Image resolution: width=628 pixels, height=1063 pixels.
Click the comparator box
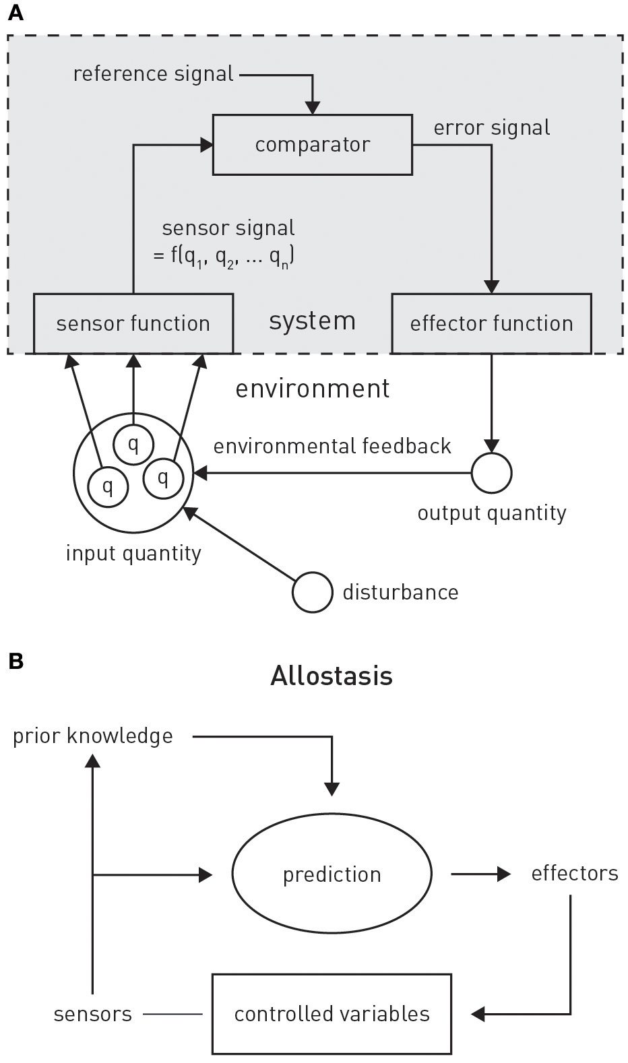(312, 145)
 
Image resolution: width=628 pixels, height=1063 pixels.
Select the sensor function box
(133, 323)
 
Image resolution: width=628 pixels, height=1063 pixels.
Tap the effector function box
(491, 323)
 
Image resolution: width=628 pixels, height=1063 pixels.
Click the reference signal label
(153, 73)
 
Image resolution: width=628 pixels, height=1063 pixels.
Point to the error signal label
(491, 127)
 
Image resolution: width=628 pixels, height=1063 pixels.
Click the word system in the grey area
(312, 321)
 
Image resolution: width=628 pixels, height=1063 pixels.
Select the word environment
(312, 389)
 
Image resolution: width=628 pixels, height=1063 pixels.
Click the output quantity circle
(491, 473)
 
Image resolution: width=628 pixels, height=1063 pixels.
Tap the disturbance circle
(312, 592)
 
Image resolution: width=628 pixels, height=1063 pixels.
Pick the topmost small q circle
(133, 445)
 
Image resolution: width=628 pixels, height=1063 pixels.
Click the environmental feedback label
(332, 446)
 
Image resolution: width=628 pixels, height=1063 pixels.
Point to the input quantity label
(133, 553)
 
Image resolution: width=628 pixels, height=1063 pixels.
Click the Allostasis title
(331, 676)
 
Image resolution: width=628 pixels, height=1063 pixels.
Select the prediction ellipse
(332, 874)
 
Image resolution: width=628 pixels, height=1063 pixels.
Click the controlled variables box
(332, 1014)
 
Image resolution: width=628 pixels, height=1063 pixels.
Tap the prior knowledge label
(93, 736)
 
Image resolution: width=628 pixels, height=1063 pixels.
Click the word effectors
(574, 874)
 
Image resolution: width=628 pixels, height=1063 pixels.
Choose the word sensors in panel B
(93, 1014)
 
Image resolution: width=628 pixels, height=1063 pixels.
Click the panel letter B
(15, 661)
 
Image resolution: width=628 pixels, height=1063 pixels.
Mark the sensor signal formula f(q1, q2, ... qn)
(224, 257)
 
